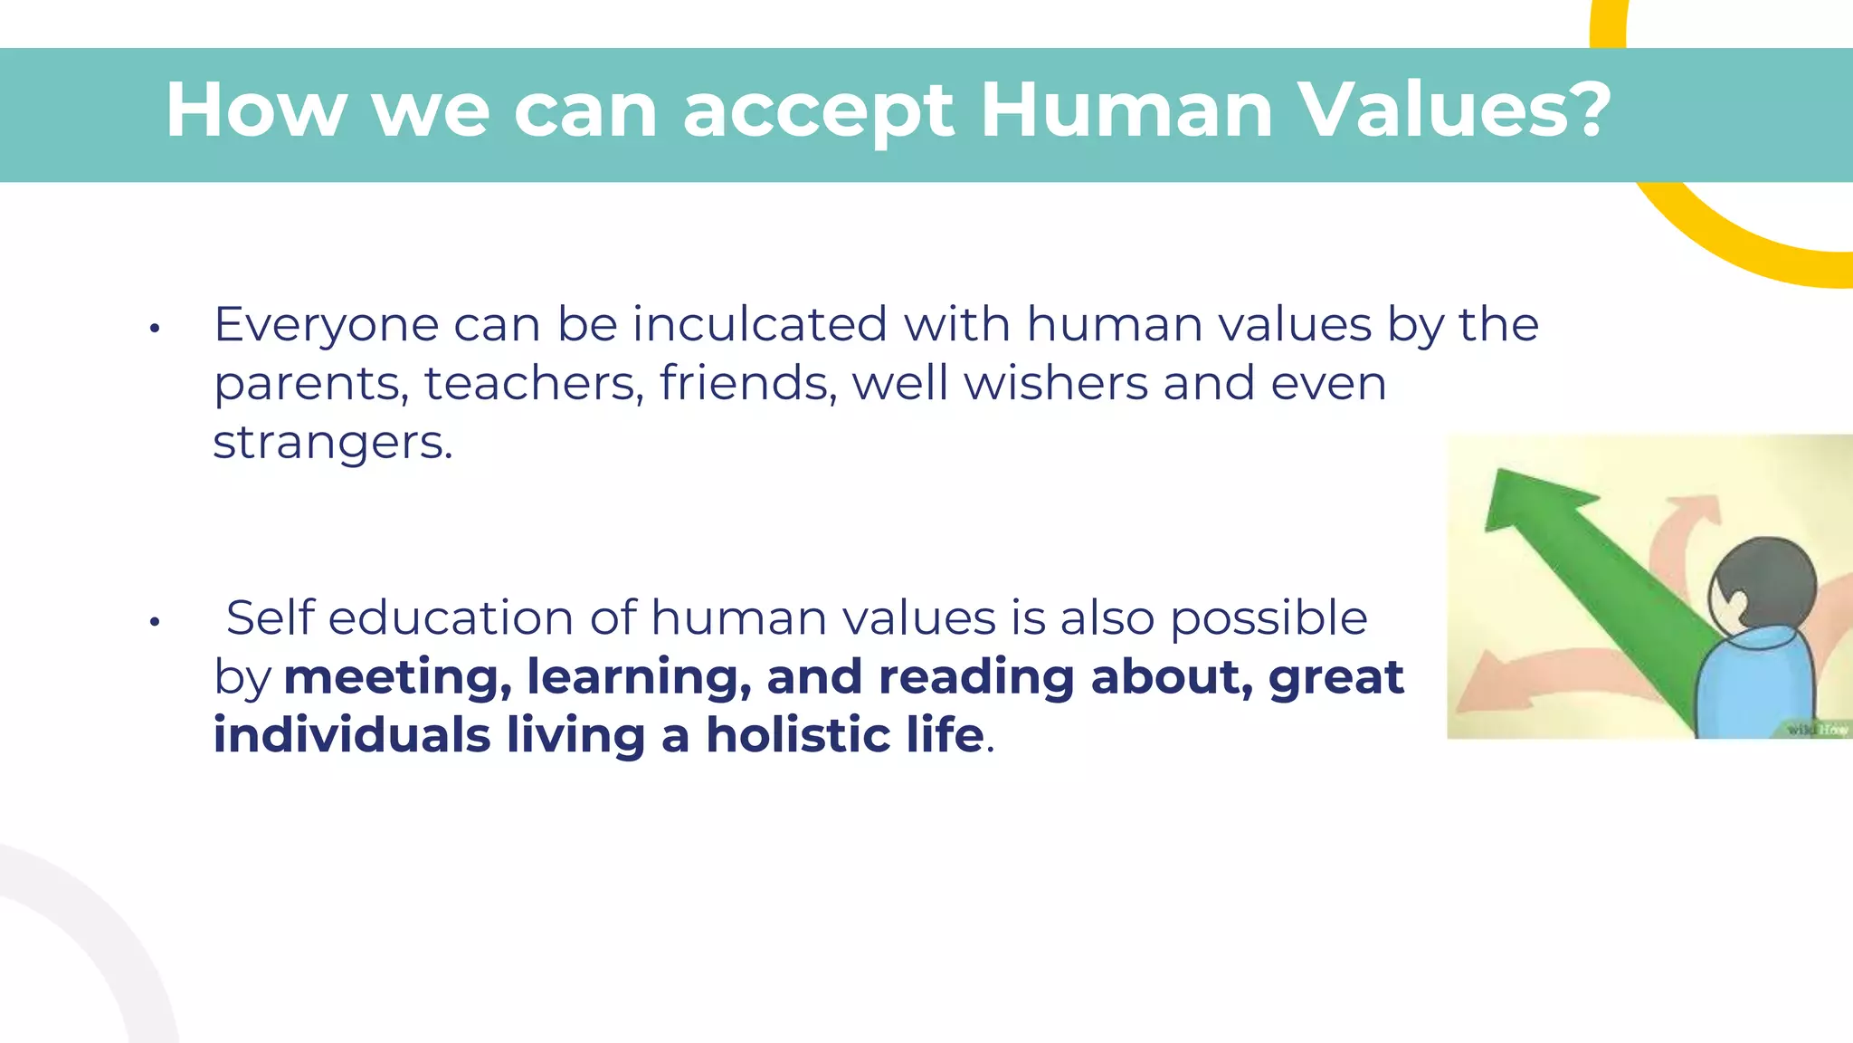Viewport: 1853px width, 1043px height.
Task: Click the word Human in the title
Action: point(1126,110)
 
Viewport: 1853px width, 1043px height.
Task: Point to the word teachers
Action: point(534,383)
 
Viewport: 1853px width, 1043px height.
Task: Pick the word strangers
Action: point(332,443)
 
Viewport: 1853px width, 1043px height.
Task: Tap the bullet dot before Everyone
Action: point(155,329)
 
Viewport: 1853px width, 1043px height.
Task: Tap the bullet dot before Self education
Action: point(155,622)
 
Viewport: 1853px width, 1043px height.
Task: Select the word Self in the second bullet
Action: point(270,618)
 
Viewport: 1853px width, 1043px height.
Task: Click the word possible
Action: point(1269,618)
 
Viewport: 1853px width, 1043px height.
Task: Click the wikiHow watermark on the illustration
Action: point(1817,729)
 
